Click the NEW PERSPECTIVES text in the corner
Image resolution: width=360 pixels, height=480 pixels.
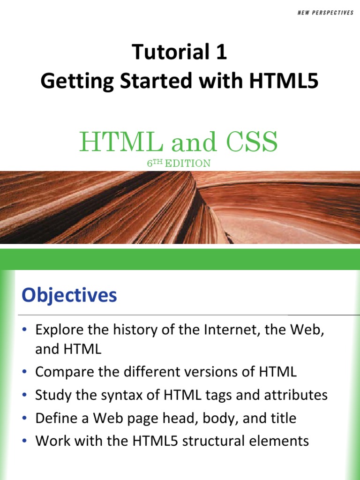pos(325,13)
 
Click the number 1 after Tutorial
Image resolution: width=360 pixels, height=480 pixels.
pos(222,52)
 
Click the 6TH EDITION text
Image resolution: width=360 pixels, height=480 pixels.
pos(180,163)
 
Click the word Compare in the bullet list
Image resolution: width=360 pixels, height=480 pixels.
pos(64,372)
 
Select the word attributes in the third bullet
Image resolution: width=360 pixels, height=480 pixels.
pos(294,395)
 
